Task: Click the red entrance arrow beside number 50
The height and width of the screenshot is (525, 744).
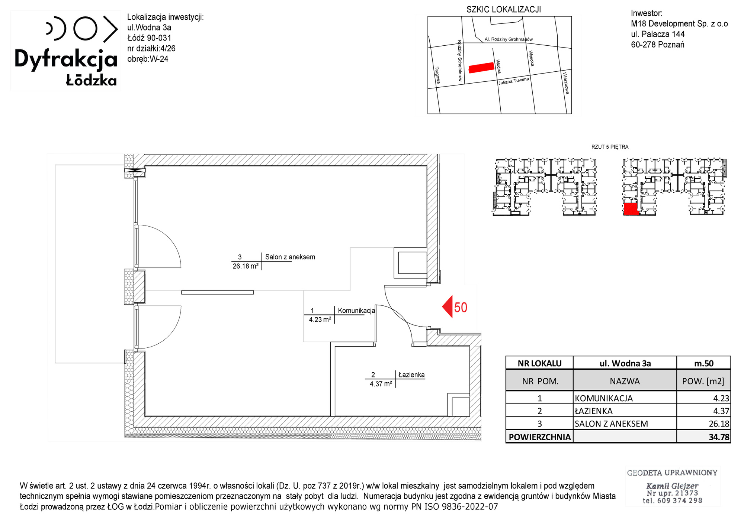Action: click(448, 307)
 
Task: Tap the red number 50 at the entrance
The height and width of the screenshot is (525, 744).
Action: click(461, 308)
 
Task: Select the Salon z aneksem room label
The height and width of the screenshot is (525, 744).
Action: click(290, 257)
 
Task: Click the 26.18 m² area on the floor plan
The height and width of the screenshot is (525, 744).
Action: click(246, 266)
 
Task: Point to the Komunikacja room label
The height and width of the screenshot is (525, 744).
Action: click(356, 311)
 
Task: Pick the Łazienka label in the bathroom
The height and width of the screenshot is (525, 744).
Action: click(411, 375)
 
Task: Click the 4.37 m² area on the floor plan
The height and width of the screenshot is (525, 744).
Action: click(381, 384)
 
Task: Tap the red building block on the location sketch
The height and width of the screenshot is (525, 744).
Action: click(481, 68)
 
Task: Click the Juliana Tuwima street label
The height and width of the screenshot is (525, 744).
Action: click(514, 81)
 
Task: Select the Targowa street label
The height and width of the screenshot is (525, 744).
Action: click(437, 75)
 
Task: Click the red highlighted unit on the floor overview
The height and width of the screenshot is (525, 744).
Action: click(631, 209)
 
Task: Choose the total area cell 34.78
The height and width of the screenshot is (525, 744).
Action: click(719, 437)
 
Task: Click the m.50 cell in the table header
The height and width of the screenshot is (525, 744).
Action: click(704, 363)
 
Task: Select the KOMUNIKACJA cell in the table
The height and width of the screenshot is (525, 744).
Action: click(604, 398)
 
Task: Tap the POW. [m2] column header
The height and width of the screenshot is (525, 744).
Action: click(703, 381)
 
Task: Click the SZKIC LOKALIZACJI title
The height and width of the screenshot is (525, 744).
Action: click(504, 10)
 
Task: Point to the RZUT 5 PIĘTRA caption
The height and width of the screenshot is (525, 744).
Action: click(610, 147)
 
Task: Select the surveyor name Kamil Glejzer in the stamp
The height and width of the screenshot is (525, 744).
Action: click(672, 486)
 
